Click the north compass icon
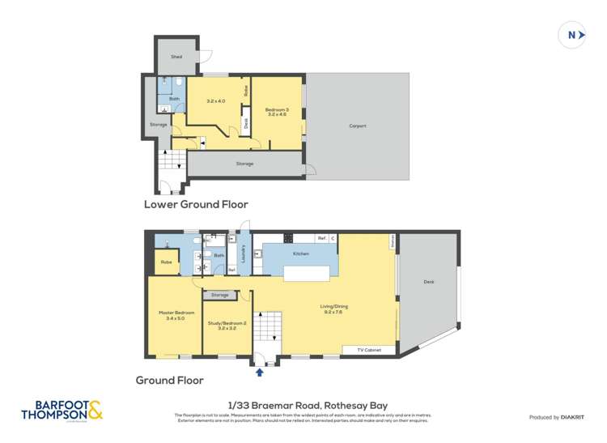572,35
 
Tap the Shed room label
176,57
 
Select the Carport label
357,126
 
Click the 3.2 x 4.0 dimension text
215,101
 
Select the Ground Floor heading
169,380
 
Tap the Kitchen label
301,253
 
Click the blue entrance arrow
259,373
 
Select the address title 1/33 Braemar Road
303,405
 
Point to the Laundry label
243,253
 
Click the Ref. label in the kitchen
321,238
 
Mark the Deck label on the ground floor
428,282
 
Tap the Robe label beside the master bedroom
166,262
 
